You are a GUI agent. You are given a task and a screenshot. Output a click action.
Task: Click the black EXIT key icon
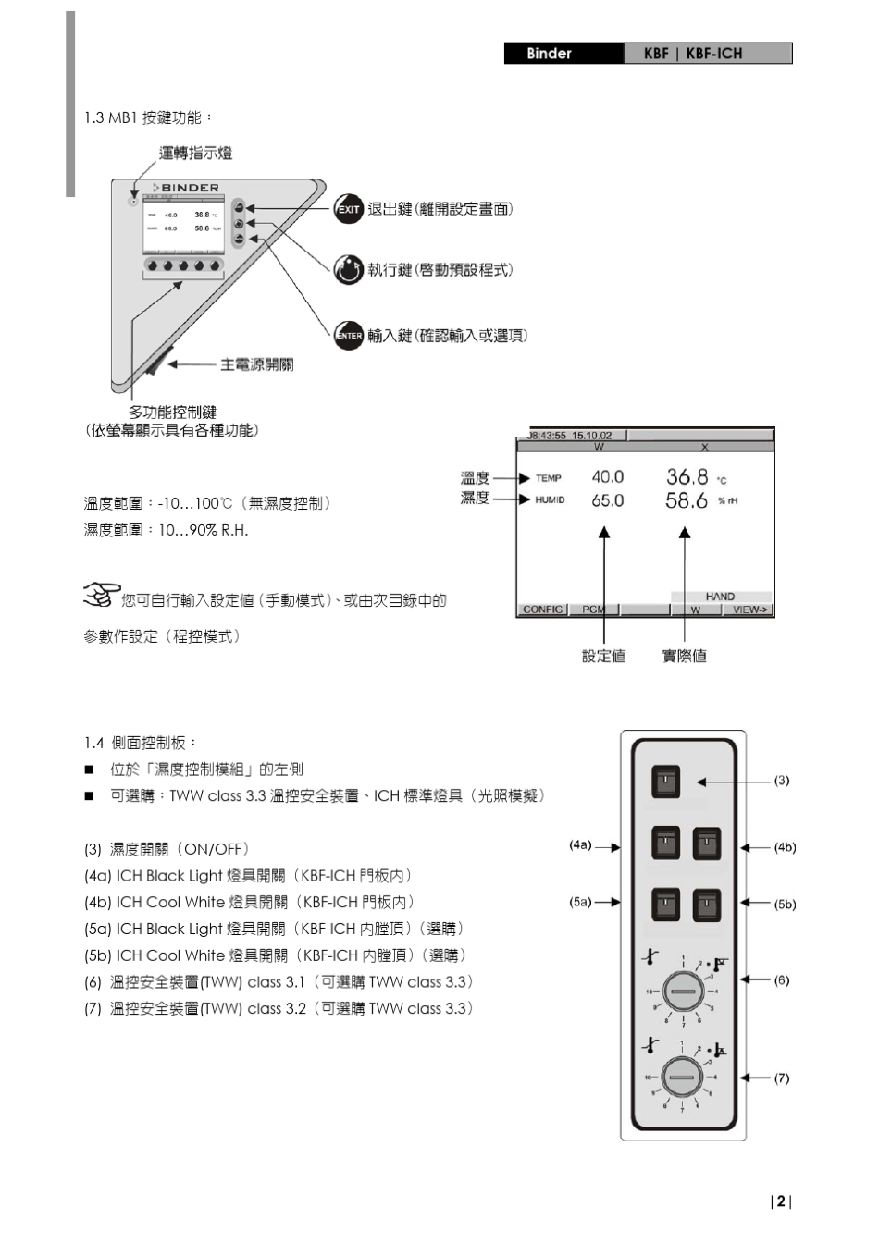348,209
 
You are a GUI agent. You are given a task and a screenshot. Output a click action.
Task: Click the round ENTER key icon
348,336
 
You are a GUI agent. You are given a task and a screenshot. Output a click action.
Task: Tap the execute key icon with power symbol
348,269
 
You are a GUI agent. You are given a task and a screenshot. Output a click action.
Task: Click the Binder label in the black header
549,54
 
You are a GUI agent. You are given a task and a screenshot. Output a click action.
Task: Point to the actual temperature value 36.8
687,477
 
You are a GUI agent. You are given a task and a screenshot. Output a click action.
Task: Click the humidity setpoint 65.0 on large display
607,500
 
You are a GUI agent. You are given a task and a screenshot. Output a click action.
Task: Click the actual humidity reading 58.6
687,500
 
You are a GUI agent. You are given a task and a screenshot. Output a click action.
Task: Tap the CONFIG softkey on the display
542,610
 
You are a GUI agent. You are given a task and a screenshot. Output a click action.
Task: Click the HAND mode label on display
720,597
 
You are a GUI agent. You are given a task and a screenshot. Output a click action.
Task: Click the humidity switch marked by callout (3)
665,782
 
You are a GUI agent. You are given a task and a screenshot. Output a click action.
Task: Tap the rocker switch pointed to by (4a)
665,844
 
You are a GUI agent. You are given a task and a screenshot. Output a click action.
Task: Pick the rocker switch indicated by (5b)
707,905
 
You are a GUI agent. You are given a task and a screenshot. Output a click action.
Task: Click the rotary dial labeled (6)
684,991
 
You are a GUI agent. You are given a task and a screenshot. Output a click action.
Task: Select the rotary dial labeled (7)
684,1078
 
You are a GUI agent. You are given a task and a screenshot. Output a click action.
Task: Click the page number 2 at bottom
781,1201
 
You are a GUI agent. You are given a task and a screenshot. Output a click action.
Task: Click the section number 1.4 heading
94,743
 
